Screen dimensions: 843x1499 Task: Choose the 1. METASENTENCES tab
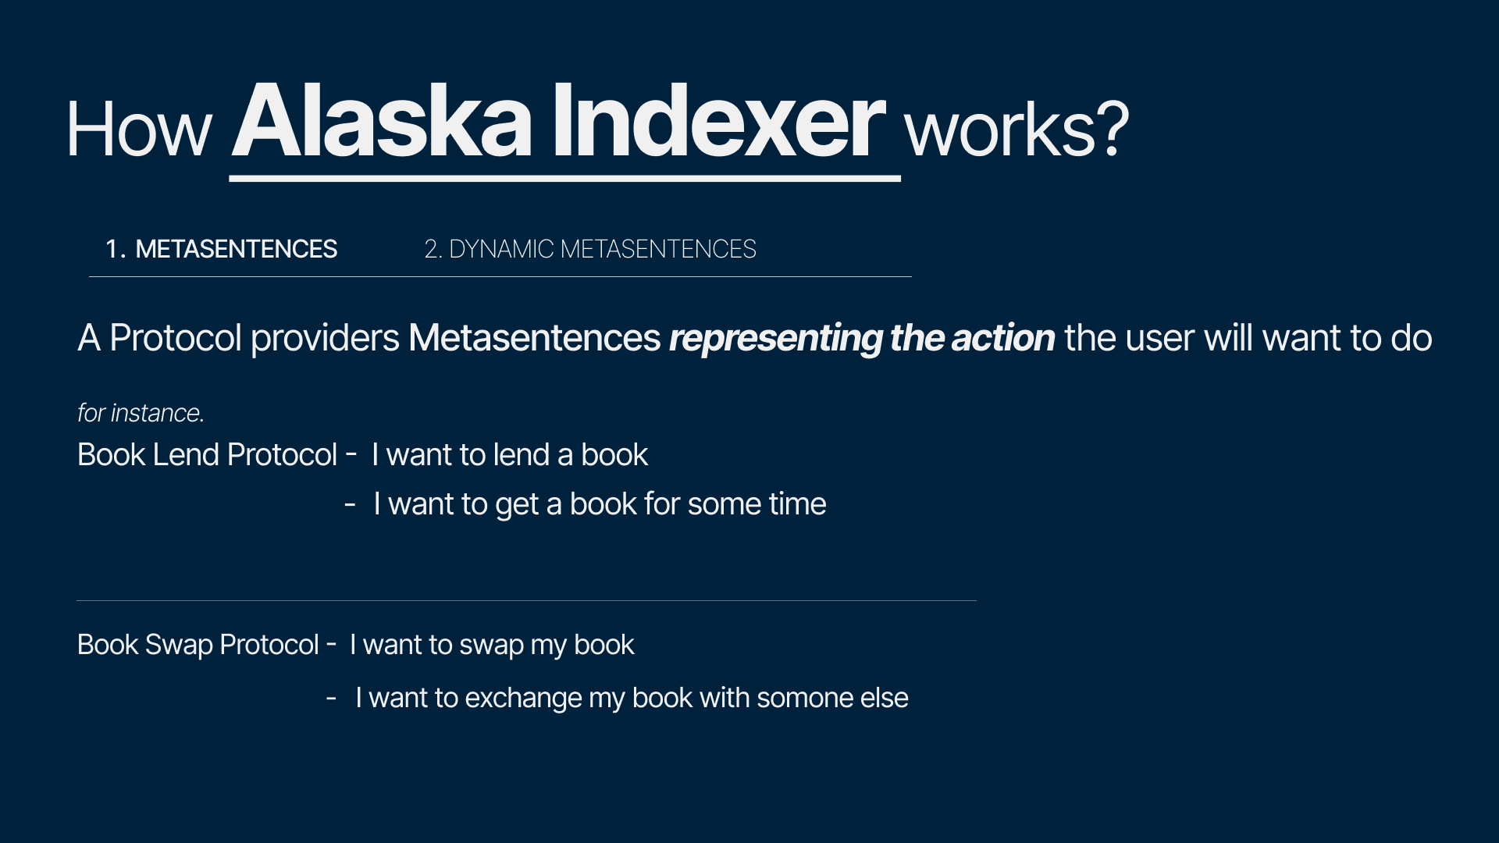pyautogui.click(x=222, y=249)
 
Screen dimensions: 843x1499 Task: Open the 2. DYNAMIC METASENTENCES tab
pyautogui.click(x=590, y=249)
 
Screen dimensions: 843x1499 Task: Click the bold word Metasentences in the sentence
pyautogui.click(x=534, y=338)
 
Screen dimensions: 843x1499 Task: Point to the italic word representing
pyautogui.click(x=775, y=338)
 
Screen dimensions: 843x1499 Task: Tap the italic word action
pyautogui.click(x=1003, y=338)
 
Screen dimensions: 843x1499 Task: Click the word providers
pyautogui.click(x=325, y=338)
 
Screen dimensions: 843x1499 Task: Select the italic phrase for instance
pyautogui.click(x=141, y=412)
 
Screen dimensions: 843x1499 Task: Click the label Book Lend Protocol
pyautogui.click(x=207, y=454)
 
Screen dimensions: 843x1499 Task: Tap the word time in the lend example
pyautogui.click(x=796, y=503)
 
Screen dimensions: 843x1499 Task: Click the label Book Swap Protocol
pyautogui.click(x=198, y=645)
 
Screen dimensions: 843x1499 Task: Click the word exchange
pyautogui.click(x=523, y=698)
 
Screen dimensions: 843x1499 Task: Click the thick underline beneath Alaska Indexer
pyautogui.click(x=564, y=179)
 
